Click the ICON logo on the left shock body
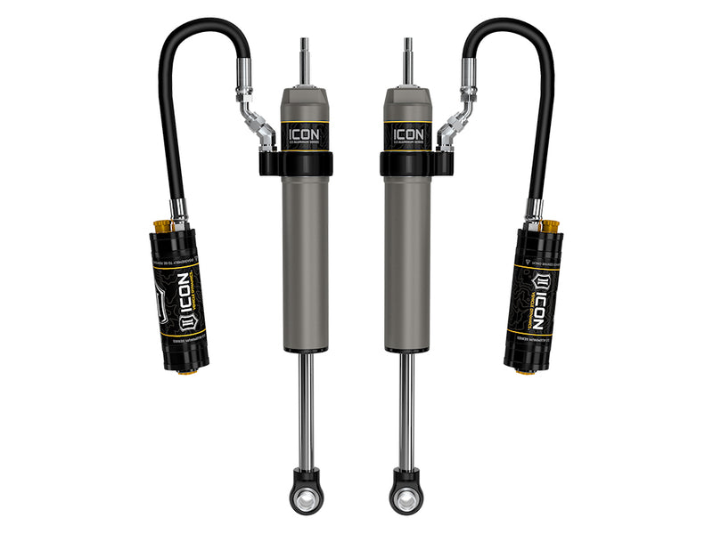tap(306, 134)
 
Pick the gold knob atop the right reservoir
tap(549, 224)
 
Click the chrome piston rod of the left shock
tap(306, 409)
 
